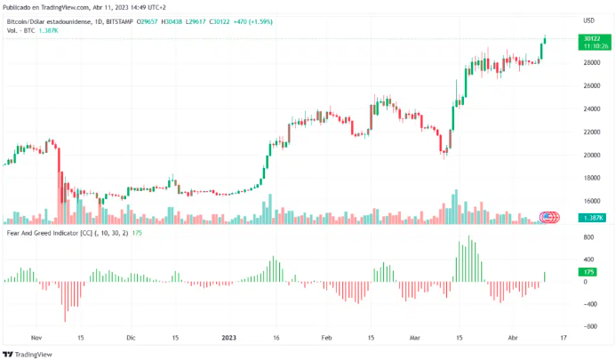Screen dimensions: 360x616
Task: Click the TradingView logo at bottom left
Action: pos(30,353)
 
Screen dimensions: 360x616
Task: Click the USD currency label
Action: pos(588,20)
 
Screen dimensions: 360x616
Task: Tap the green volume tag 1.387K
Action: pos(592,218)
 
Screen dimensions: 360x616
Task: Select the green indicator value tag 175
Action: pos(588,271)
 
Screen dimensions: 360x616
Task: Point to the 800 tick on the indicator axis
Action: pos(588,237)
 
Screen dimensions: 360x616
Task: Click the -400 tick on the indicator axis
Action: pos(588,304)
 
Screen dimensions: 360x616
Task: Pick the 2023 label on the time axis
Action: pos(229,338)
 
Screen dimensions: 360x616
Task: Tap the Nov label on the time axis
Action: pos(36,338)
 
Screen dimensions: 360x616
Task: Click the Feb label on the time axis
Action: pos(326,338)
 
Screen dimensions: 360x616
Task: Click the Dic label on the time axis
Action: pos(131,338)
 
